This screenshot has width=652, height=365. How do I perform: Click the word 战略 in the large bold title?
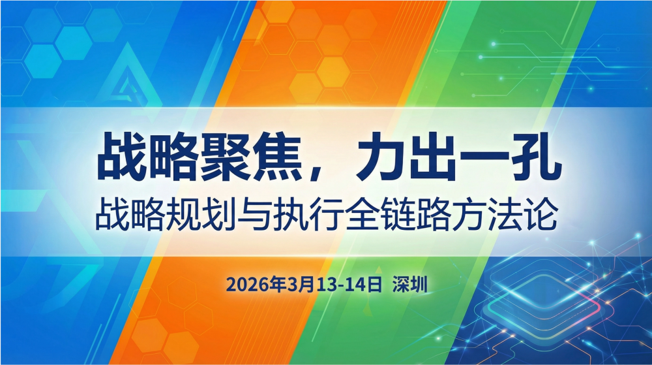coord(139,157)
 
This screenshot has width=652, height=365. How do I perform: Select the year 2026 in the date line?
coord(244,285)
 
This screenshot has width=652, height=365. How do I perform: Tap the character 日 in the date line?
coord(373,285)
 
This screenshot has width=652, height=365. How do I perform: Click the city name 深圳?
coord(409,285)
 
